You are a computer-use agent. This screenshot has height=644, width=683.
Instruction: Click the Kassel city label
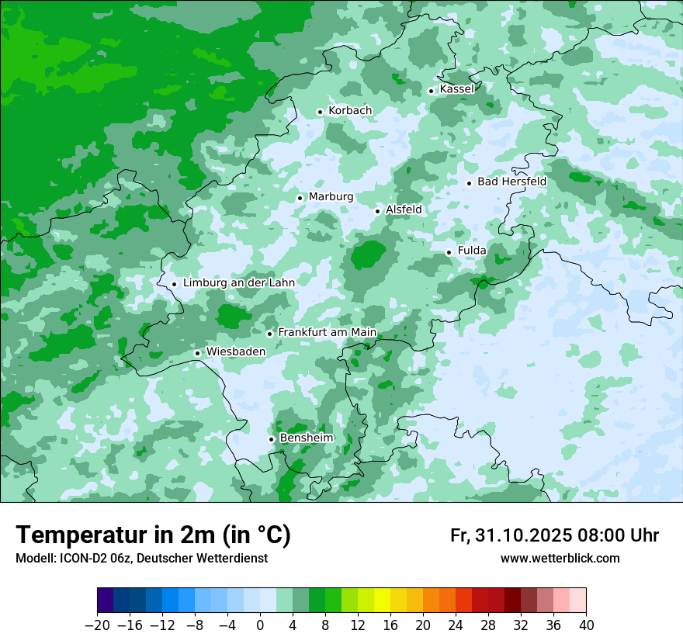(x=456, y=89)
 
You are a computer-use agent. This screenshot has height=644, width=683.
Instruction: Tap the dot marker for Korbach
(x=320, y=112)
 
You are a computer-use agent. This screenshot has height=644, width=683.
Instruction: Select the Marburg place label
(x=331, y=197)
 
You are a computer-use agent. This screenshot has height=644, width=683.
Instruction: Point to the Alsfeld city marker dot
(x=378, y=211)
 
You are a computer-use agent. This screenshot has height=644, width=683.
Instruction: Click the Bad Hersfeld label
(x=511, y=182)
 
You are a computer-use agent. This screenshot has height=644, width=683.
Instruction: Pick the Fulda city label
(x=472, y=251)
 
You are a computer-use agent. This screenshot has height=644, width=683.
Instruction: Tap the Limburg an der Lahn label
(x=238, y=283)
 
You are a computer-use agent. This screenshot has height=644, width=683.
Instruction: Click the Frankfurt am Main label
(x=327, y=332)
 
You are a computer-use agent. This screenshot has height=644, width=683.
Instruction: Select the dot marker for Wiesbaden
(x=198, y=353)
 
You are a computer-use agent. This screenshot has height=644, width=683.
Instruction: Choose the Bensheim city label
(x=306, y=438)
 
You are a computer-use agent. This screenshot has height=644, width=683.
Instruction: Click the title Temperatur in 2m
(x=153, y=535)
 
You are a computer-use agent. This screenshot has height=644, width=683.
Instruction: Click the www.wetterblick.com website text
(x=560, y=559)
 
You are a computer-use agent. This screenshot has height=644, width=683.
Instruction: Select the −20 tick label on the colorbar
(x=97, y=625)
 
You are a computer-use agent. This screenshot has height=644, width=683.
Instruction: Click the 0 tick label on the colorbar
(x=260, y=625)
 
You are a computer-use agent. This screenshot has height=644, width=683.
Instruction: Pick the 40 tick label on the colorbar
(x=586, y=625)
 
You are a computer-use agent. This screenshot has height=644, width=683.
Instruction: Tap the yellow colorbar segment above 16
(x=382, y=601)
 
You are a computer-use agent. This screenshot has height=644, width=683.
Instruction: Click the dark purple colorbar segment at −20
(x=105, y=601)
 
